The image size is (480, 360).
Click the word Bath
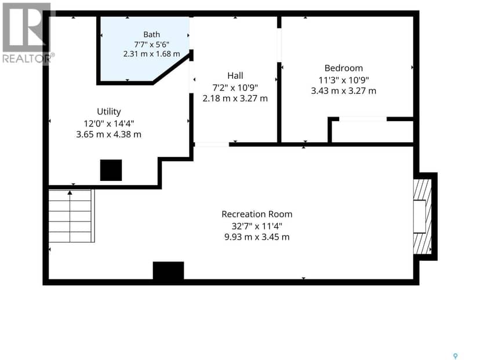tap(151, 35)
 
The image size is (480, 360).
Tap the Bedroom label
tap(343, 68)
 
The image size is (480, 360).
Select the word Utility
tap(108, 112)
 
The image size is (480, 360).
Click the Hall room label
tap(235, 75)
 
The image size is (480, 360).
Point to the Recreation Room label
tap(257, 214)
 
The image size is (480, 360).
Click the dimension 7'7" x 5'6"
tap(151, 45)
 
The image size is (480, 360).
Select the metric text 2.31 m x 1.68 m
tap(151, 54)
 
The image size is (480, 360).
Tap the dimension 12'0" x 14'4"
tap(108, 123)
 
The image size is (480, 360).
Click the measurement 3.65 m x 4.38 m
tap(108, 134)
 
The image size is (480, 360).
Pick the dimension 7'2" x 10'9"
tap(235, 88)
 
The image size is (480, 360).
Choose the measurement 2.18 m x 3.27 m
tap(235, 99)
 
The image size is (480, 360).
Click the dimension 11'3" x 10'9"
tap(343, 80)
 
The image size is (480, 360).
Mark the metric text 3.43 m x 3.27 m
tap(343, 91)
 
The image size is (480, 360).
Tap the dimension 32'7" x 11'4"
tap(257, 226)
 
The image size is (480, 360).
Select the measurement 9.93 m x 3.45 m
tap(257, 237)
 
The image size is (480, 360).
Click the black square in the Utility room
tap(111, 170)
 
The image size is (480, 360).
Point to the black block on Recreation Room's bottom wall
tap(168, 271)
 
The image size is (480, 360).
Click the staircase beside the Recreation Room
tap(72, 216)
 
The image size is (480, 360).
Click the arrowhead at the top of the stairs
tap(70, 193)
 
